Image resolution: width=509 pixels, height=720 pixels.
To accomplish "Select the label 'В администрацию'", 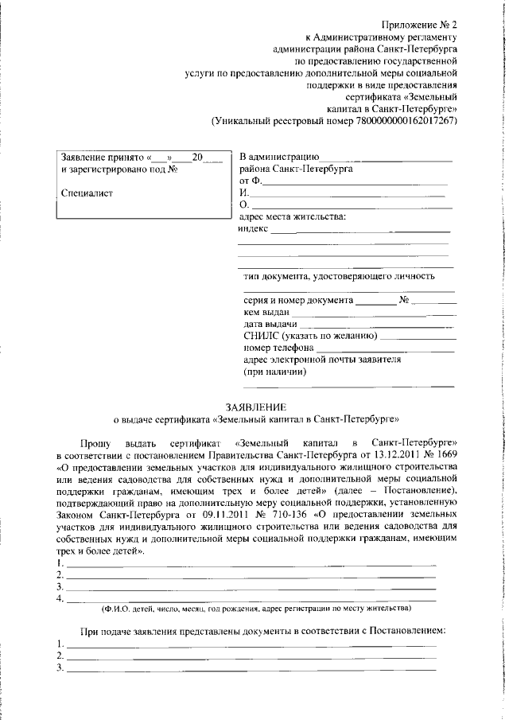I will (x=279, y=157).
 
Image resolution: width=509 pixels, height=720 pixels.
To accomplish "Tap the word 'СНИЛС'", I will (x=259, y=336).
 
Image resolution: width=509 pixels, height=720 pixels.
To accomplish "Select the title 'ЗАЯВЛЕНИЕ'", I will (x=254, y=405).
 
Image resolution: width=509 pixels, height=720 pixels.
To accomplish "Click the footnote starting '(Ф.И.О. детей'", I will (x=255, y=608).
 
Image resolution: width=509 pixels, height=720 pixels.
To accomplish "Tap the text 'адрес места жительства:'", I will (x=292, y=216).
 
